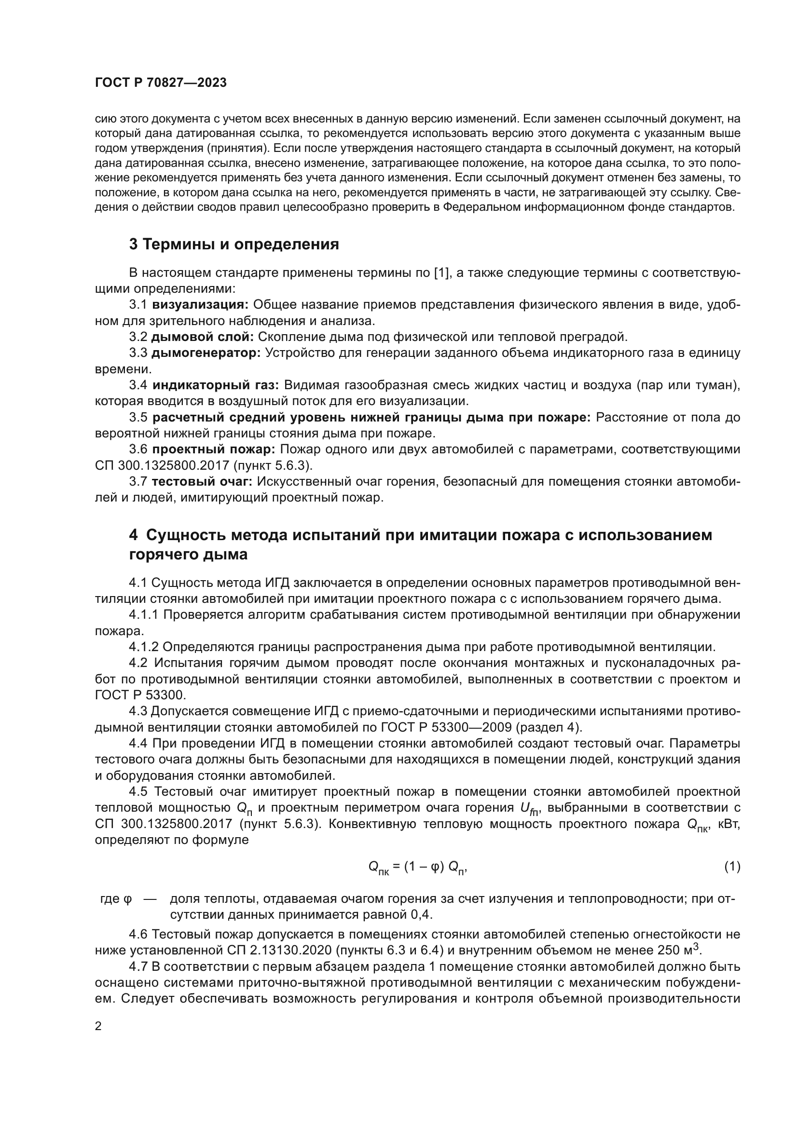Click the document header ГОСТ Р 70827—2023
click(161, 82)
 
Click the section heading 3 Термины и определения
click(234, 244)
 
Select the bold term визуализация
click(201, 305)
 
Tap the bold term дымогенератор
click(206, 353)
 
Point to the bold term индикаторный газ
click(215, 385)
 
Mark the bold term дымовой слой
click(203, 337)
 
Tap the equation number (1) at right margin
click(732, 867)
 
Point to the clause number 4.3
click(138, 711)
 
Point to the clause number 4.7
click(138, 966)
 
